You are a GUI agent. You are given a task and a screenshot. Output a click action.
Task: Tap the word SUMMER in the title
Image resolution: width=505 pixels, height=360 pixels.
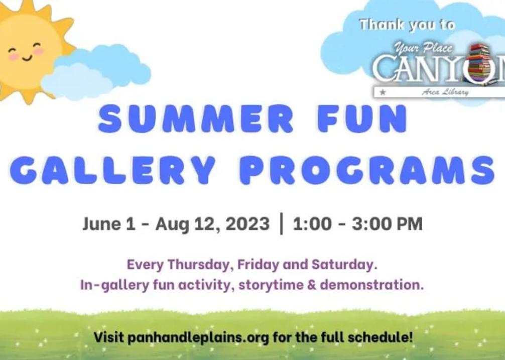[x=195, y=118]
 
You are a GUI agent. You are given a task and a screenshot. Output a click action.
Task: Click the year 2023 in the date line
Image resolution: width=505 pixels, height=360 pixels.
[x=247, y=223]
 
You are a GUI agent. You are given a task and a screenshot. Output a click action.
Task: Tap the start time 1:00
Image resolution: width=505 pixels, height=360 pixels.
[x=312, y=223]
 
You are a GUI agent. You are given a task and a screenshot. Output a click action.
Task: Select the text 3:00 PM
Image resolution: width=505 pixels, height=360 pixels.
[x=387, y=223]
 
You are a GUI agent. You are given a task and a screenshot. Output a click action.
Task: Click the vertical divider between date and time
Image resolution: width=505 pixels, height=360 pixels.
[x=282, y=223]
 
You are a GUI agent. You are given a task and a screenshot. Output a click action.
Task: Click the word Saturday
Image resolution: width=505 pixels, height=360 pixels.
[x=344, y=265]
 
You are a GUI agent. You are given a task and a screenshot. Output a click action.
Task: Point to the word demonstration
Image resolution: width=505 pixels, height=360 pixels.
[x=371, y=285]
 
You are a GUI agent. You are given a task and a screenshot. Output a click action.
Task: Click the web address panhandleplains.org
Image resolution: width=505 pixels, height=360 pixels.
[x=198, y=338]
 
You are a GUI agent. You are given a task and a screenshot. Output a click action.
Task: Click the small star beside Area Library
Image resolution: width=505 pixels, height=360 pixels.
[x=383, y=92]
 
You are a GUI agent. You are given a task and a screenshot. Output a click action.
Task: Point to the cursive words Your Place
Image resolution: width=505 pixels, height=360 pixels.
[x=423, y=48]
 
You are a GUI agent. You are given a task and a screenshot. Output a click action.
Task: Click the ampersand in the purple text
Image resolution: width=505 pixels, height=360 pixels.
[x=311, y=285]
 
